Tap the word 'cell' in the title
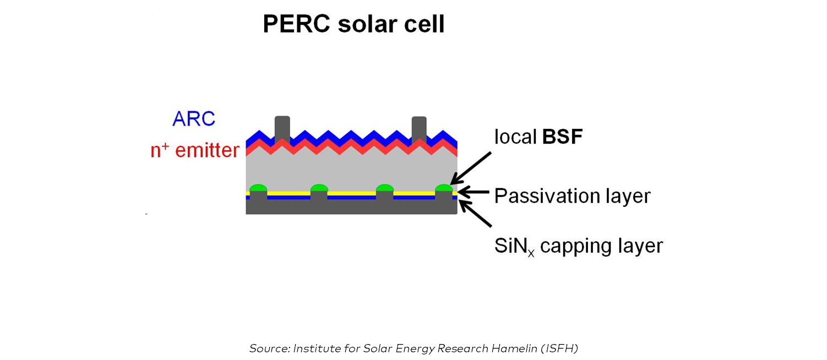click(425, 24)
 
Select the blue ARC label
click(194, 119)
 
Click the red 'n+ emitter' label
click(195, 150)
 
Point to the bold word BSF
click(562, 137)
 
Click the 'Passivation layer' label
click(572, 196)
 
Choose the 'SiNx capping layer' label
click(578, 246)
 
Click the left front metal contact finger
click(282, 129)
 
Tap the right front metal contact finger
click(419, 129)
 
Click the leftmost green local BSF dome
click(258, 189)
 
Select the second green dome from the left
click(319, 189)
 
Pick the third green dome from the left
click(385, 189)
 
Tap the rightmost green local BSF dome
click(444, 189)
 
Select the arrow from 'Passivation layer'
click(474, 192)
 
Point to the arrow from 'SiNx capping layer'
click(475, 214)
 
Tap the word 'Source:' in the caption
click(269, 348)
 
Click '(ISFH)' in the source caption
click(559, 348)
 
